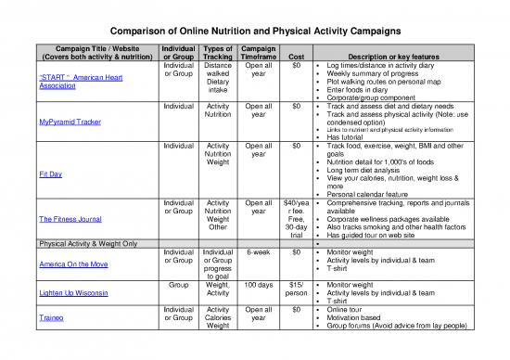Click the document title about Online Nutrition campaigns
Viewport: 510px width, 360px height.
(x=255, y=29)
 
